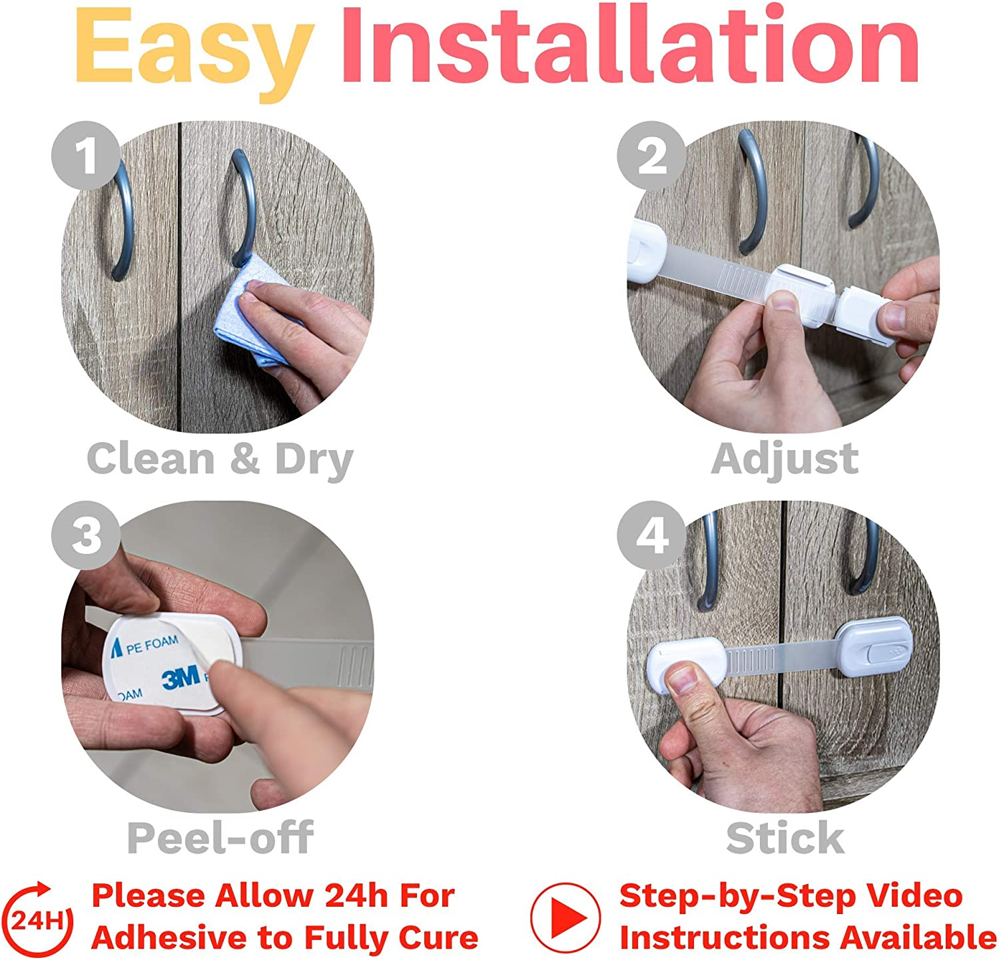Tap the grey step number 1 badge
pos(86,156)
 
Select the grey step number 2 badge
pos(651,156)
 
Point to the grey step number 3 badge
pos(86,535)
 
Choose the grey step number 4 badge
pos(651,535)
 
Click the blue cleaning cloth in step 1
pos(266,320)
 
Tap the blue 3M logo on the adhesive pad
pos(181,677)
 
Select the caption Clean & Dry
pos(220,459)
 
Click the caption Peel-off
pos(220,838)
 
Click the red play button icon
pos(565,918)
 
